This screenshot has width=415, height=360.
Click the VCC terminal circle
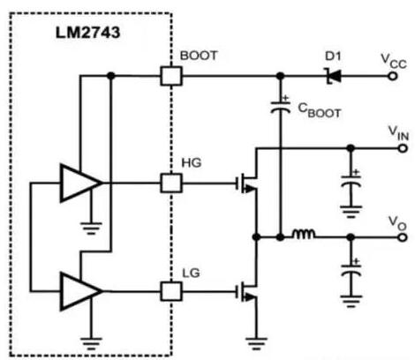pos(391,76)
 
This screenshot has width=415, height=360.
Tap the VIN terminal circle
pos(391,146)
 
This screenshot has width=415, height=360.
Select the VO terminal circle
pos(391,236)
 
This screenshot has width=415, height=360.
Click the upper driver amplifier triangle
pos(81,184)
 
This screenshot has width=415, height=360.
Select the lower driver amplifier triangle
pos(81,289)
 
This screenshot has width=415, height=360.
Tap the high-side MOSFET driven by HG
pos(246,183)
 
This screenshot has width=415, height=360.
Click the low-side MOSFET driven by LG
pos(246,289)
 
